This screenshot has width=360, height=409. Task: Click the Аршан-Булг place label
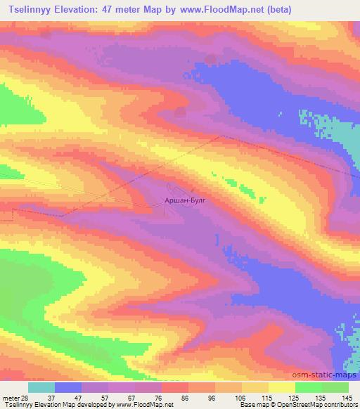tap(186, 200)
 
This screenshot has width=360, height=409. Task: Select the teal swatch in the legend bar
tap(41, 387)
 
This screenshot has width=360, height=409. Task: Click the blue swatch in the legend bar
tap(68, 387)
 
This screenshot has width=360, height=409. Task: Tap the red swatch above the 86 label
tap(175, 387)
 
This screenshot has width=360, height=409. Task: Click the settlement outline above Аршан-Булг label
tap(176, 188)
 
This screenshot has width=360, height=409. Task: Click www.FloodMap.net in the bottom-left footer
tap(147, 404)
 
